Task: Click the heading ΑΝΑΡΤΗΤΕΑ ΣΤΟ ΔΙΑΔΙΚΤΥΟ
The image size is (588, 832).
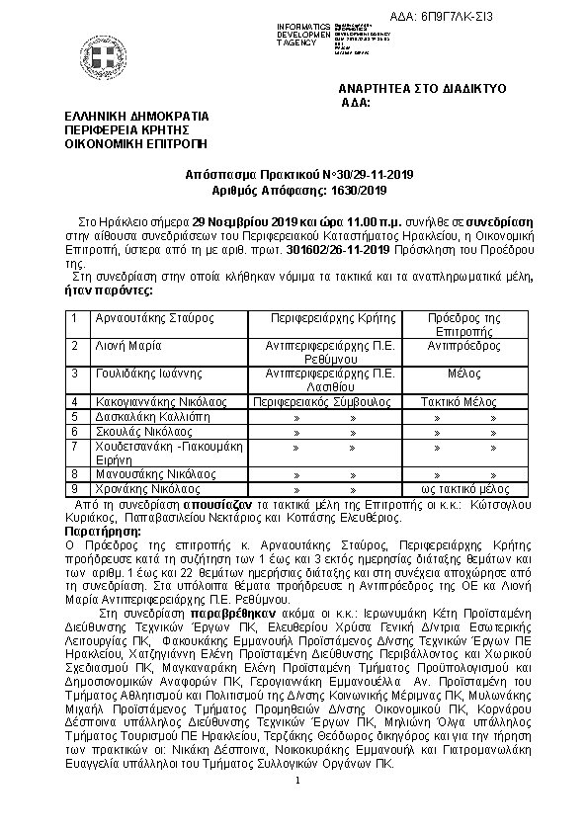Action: click(422, 89)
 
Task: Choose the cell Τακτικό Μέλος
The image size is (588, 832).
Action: click(451, 402)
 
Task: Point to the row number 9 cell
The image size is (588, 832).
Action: click(74, 488)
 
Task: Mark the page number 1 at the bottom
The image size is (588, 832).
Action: click(295, 808)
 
